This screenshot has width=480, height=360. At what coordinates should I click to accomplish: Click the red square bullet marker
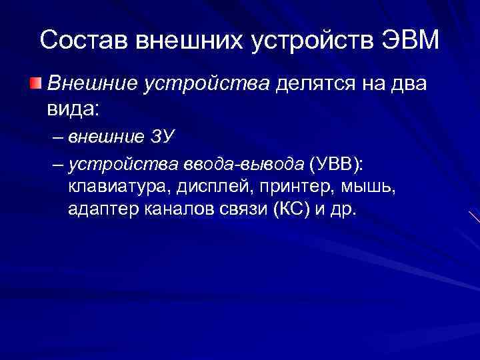click(x=35, y=83)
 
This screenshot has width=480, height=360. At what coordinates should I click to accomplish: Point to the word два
click(x=407, y=84)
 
